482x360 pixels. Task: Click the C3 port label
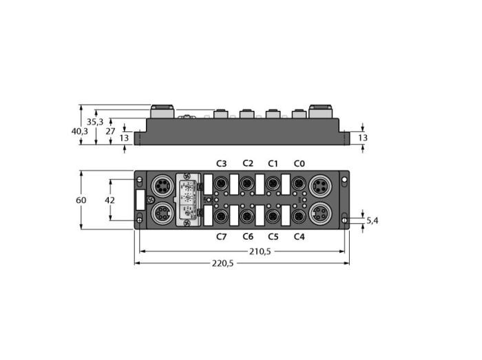pyautogui.click(x=221, y=163)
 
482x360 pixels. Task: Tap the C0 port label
pyautogui.click(x=299, y=163)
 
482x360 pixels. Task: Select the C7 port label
pyautogui.click(x=221, y=237)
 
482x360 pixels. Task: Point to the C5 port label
pyautogui.click(x=273, y=237)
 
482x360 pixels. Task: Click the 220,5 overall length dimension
pyautogui.click(x=222, y=263)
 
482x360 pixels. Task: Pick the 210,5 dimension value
pyautogui.click(x=260, y=251)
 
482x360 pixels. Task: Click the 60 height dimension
pyautogui.click(x=81, y=200)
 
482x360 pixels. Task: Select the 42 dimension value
pyautogui.click(x=109, y=200)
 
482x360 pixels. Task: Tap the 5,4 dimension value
pyautogui.click(x=373, y=220)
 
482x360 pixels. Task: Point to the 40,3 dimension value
pyautogui.click(x=80, y=131)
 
